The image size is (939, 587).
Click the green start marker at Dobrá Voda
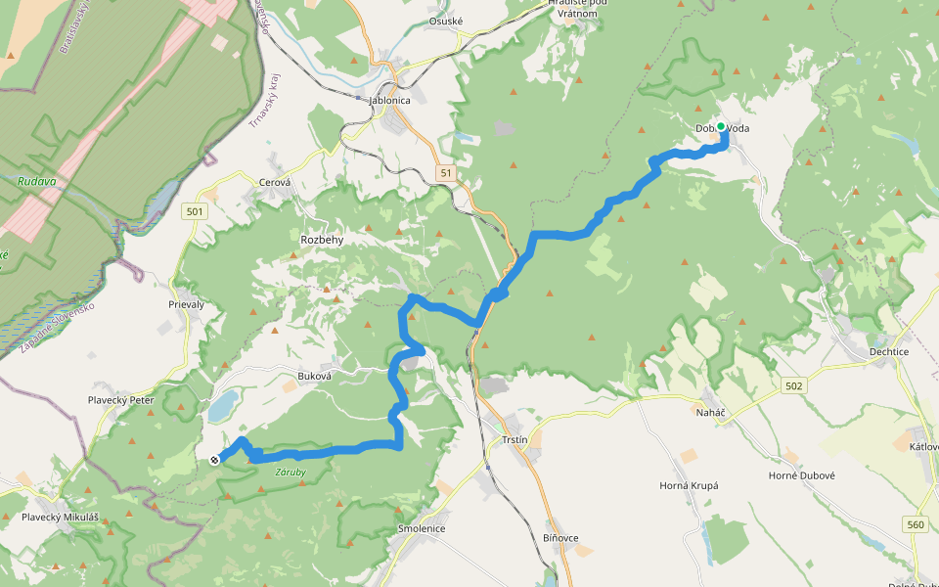pyautogui.click(x=721, y=127)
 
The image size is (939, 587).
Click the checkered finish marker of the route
pyautogui.click(x=214, y=459)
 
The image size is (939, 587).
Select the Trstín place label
pyautogui.click(x=514, y=440)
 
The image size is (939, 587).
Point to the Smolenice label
pyautogui.click(x=422, y=528)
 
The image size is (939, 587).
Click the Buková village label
pyautogui.click(x=315, y=376)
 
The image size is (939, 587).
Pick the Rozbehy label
pyautogui.click(x=322, y=239)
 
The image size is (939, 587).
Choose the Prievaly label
pyautogui.click(x=187, y=304)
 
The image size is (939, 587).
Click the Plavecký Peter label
pyautogui.click(x=122, y=400)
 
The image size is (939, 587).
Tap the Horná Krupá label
pyautogui.click(x=689, y=485)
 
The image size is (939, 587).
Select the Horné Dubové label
pyautogui.click(x=801, y=475)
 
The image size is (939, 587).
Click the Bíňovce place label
pyautogui.click(x=560, y=538)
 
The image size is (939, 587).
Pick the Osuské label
pyautogui.click(x=445, y=22)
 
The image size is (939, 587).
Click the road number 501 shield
pyautogui.click(x=194, y=211)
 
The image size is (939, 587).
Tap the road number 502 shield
pyautogui.click(x=792, y=386)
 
